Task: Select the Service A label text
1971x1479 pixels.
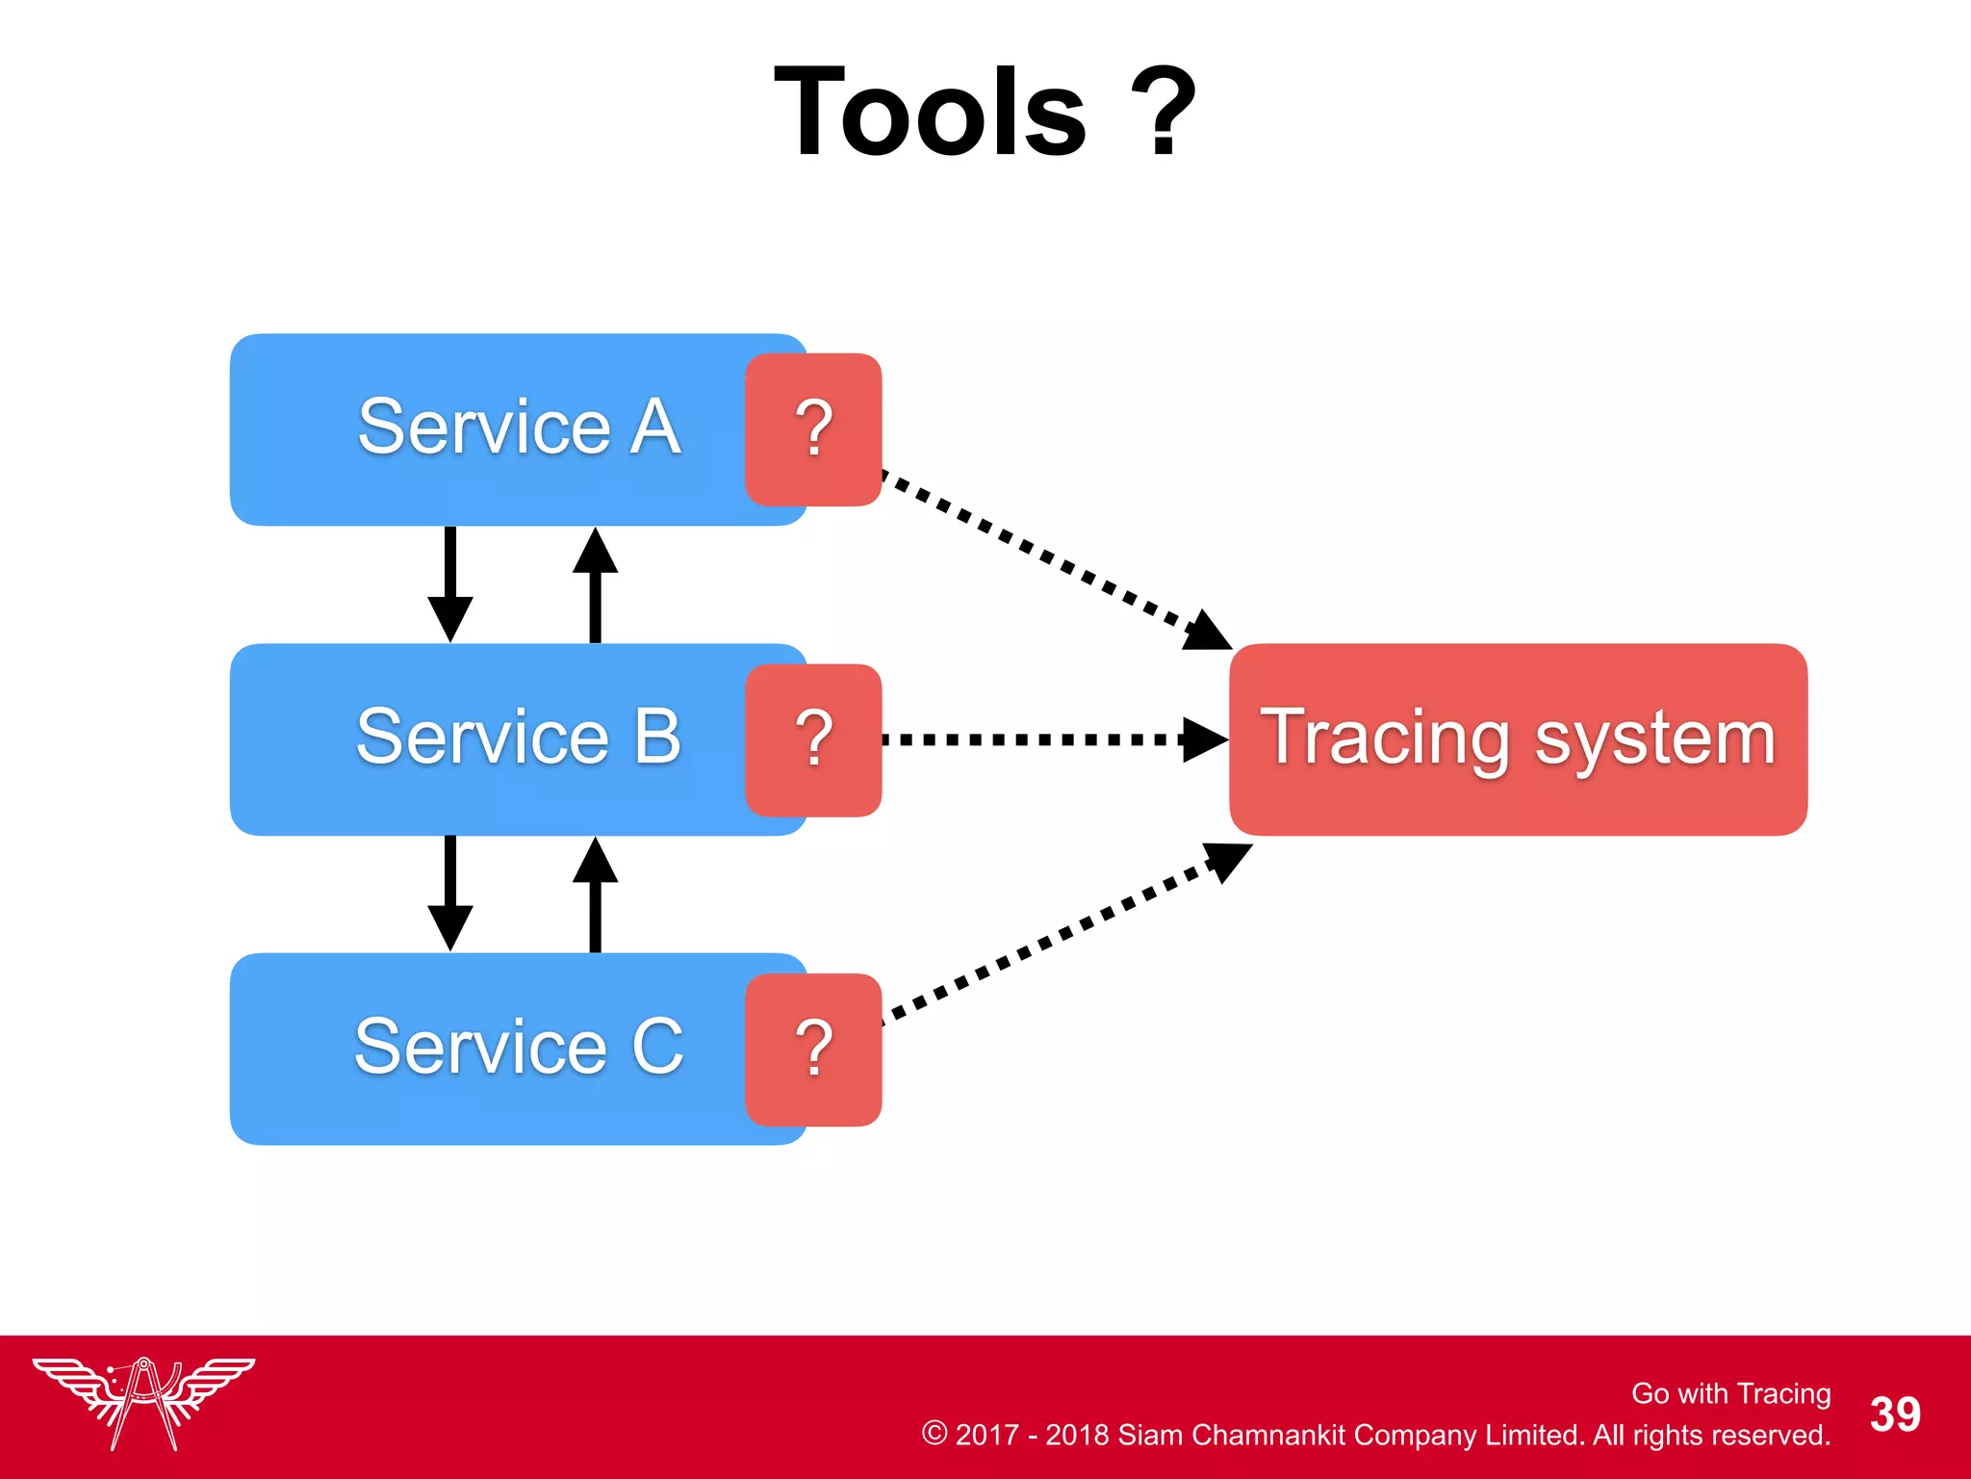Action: [519, 427]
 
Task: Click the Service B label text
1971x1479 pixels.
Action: [519, 737]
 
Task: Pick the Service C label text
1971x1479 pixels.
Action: [519, 1047]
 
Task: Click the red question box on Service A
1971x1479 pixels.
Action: [813, 429]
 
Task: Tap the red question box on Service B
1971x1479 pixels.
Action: [813, 739]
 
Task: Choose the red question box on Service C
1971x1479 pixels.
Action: [813, 1050]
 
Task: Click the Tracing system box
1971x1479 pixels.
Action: [1518, 739]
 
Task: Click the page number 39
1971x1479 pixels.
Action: [1894, 1414]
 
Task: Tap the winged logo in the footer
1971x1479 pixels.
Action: [143, 1402]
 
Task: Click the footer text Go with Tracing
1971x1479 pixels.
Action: [1730, 1393]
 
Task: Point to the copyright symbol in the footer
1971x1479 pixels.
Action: [934, 1433]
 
